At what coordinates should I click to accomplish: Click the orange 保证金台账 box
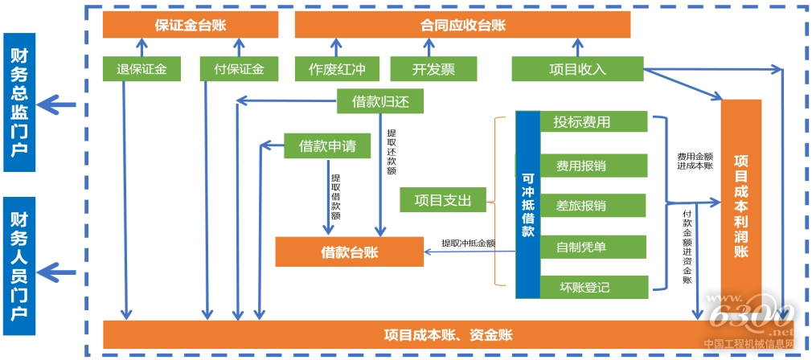coord(190,25)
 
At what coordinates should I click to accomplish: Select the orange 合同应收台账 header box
coord(462,25)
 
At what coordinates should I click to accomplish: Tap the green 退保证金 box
coord(141,68)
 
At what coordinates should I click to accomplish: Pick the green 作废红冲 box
coord(336,68)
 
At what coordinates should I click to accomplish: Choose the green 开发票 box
coord(433,68)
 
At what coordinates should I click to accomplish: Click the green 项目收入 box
coord(576,68)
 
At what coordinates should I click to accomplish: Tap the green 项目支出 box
coord(442,199)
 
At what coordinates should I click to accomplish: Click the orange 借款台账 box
coord(350,252)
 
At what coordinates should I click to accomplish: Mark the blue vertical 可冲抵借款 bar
coord(527,205)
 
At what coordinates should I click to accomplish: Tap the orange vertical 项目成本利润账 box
coord(740,205)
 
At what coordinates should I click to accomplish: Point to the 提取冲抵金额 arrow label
coord(467,243)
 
